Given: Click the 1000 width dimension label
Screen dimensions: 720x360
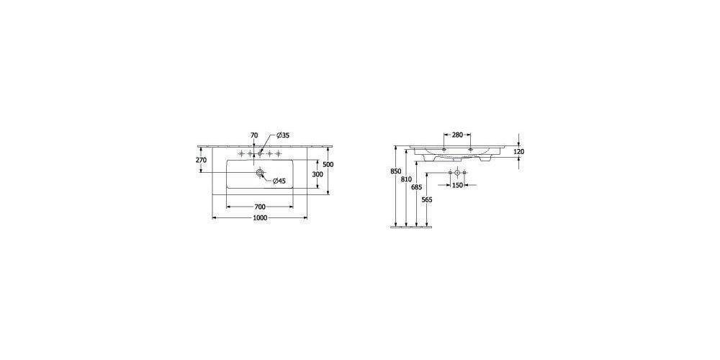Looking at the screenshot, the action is pyautogui.click(x=260, y=219).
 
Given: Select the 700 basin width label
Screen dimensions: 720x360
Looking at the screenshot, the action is pyautogui.click(x=260, y=207).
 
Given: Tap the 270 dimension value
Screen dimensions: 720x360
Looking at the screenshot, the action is pyautogui.click(x=201, y=160).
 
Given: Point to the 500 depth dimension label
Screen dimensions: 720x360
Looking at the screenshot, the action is pyautogui.click(x=328, y=164).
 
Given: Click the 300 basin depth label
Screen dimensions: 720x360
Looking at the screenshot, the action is pyautogui.click(x=318, y=174).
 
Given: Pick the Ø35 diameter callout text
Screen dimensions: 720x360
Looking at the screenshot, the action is pyautogui.click(x=282, y=135).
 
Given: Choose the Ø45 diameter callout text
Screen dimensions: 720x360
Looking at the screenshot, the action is pyautogui.click(x=279, y=181).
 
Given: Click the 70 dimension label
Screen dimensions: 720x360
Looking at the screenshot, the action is pyautogui.click(x=254, y=135).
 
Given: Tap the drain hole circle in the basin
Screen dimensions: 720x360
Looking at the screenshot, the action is pyautogui.click(x=260, y=173).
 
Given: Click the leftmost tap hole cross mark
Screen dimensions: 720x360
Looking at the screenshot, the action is pyautogui.click(x=241, y=153).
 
